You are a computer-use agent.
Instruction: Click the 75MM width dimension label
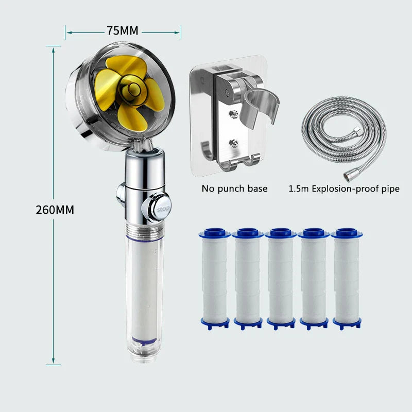(123, 31)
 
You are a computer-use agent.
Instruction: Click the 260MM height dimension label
(55, 210)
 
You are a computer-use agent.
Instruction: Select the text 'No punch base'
(234, 188)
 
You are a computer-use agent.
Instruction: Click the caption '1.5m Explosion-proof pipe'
(344, 188)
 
